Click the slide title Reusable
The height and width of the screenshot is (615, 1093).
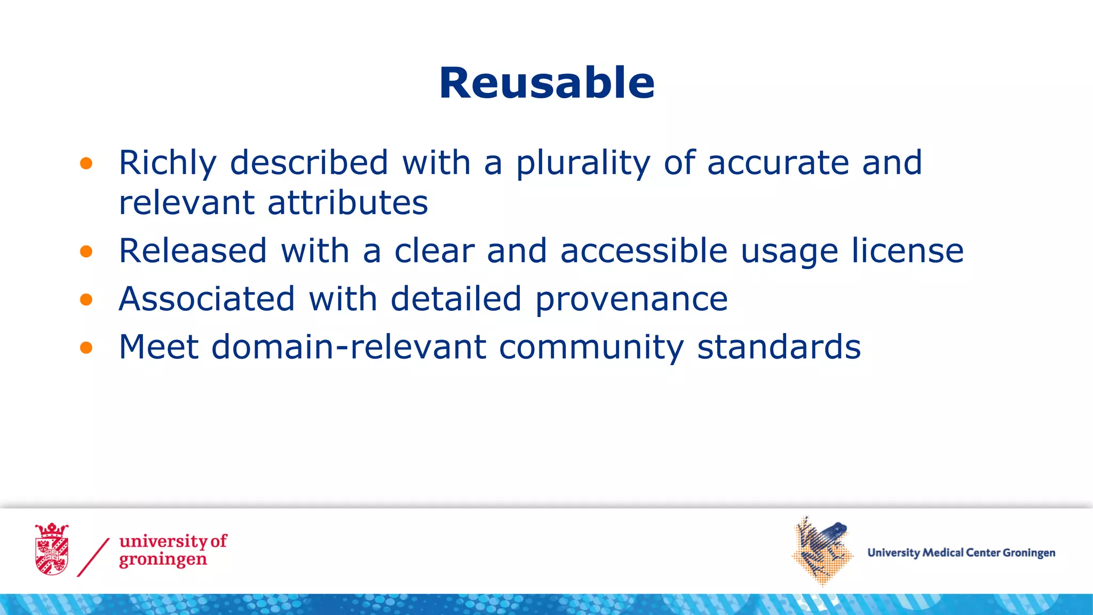coord(546,83)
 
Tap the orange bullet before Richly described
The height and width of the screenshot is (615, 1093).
coord(86,163)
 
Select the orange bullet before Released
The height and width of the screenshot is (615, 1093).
coord(86,251)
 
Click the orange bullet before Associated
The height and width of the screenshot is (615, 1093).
coord(86,299)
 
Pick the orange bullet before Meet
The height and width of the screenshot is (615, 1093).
coord(86,348)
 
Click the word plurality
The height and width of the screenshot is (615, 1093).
coord(583,163)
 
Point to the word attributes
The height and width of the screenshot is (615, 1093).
coord(347,203)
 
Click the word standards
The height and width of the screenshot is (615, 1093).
coord(779,348)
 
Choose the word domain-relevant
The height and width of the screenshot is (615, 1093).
coord(349,348)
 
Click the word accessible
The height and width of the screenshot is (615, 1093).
coord(644,251)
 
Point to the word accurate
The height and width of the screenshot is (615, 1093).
coord(778,163)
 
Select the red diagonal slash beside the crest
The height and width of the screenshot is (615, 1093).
coord(93,557)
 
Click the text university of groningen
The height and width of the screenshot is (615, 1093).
coord(172,550)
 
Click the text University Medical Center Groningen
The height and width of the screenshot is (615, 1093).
coord(961,553)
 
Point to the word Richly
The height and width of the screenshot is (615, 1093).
coord(168,163)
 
